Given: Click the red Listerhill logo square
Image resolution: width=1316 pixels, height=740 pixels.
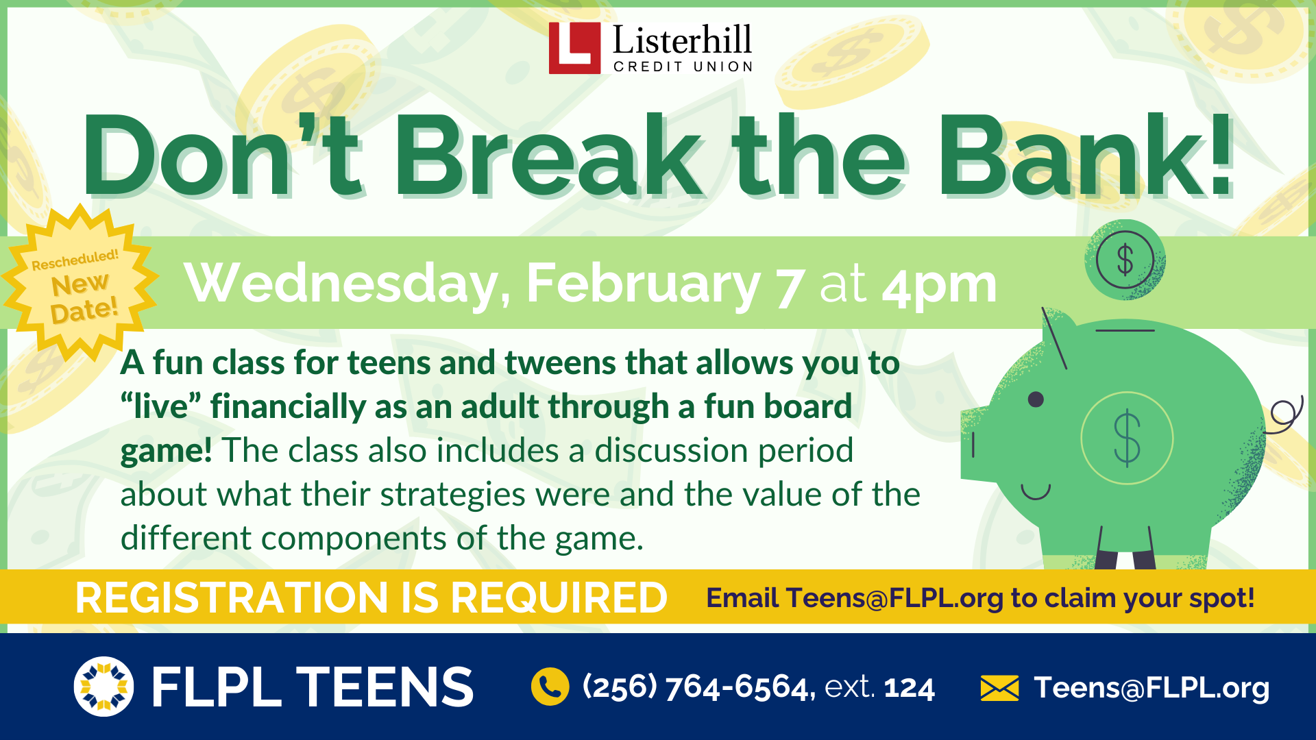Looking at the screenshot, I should coord(574,48).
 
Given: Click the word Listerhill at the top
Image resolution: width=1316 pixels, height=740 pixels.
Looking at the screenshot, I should coord(682,41).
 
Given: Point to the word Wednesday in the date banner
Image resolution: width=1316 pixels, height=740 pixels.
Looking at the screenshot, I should coord(346,284).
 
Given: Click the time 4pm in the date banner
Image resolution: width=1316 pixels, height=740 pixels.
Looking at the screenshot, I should coord(939,285).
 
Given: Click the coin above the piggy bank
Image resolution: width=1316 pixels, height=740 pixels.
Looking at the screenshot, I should coord(1125,260).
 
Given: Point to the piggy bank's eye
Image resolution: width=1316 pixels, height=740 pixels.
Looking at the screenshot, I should coord(1036,399).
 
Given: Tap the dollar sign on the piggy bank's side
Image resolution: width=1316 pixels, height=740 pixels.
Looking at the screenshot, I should coord(1127,439).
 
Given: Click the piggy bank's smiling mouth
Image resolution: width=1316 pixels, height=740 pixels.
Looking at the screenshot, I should coord(1035,492).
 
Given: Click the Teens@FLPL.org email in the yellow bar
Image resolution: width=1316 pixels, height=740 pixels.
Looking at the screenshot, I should coord(894,598).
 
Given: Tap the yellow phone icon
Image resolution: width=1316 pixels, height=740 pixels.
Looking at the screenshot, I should coord(550,687).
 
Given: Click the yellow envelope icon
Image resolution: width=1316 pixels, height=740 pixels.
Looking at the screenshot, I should coord(999,688).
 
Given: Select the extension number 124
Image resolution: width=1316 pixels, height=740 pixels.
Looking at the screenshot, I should coord(909,688).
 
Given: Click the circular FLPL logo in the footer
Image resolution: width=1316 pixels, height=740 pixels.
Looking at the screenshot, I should coord(103,687).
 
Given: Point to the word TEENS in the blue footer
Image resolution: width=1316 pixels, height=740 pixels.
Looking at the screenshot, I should coord(385,687).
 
